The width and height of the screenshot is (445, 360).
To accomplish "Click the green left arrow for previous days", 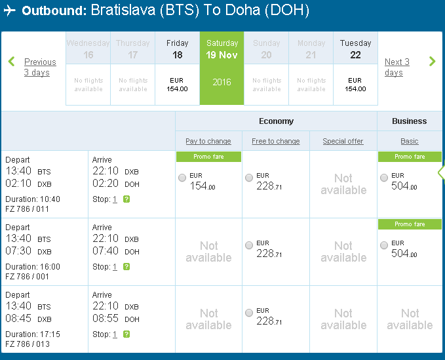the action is point(11,62).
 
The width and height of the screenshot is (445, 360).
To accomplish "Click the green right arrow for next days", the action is point(433,62).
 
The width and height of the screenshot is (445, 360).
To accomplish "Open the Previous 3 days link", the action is point(40,67).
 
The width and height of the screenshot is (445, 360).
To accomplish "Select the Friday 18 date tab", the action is point(178,68).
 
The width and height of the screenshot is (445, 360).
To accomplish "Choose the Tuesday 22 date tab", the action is point(356,68).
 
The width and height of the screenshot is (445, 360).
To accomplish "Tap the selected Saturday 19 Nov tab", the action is point(222,68).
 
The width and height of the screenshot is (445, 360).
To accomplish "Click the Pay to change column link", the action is point(208,141).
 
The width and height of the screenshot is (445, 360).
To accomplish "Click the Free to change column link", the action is point(275,141).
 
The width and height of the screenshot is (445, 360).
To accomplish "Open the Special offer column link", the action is point(343,141).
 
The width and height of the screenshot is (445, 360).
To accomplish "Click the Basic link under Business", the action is point(410,141).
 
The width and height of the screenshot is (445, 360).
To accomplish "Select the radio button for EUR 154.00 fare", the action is point(182,178).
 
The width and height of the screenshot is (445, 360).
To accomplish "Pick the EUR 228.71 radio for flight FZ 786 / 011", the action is point(249,178).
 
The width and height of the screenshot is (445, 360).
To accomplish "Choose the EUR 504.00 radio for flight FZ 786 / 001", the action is point(384,245).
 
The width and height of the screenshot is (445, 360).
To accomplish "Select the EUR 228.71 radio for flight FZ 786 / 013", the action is point(249,313).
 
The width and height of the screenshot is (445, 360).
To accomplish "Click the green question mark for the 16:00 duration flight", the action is point(126,267).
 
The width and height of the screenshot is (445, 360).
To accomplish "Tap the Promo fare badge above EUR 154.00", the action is point(208,157).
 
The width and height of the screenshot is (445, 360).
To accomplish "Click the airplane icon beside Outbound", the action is point(10,10).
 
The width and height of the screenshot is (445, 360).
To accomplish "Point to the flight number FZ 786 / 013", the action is point(28,344).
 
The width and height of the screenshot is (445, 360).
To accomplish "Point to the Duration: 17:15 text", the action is point(33,334).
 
